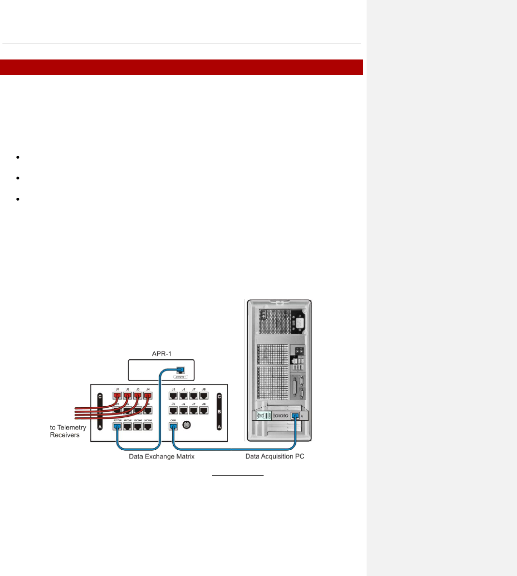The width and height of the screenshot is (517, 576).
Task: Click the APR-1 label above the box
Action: pyautogui.click(x=162, y=354)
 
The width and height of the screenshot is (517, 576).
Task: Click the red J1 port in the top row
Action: pyautogui.click(x=117, y=396)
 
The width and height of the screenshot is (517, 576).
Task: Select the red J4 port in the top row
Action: pyautogui.click(x=148, y=396)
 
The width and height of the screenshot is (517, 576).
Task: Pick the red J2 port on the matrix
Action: pyautogui.click(x=127, y=396)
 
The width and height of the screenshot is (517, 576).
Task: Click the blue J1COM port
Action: pyautogui.click(x=117, y=427)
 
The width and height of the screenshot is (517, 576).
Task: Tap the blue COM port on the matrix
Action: pyautogui.click(x=173, y=427)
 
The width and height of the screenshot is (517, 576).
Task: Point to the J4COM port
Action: pyautogui.click(x=148, y=427)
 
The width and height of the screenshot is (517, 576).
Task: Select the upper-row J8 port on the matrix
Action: pyautogui.click(x=204, y=396)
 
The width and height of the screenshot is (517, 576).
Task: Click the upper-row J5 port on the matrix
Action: pyautogui.click(x=173, y=396)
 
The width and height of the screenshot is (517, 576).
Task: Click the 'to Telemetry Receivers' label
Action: pyautogui.click(x=68, y=431)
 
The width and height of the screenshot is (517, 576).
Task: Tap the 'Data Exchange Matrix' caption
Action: pyautogui.click(x=162, y=457)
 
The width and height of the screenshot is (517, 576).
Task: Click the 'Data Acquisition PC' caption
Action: pyautogui.click(x=275, y=456)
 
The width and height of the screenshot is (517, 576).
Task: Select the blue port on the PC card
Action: pyautogui.click(x=294, y=416)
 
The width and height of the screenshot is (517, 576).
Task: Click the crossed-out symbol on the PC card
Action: pyautogui.click(x=261, y=416)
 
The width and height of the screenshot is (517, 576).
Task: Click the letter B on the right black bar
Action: pyautogui.click(x=220, y=412)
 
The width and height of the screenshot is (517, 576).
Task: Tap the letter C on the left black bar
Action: pyautogui.click(x=100, y=397)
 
